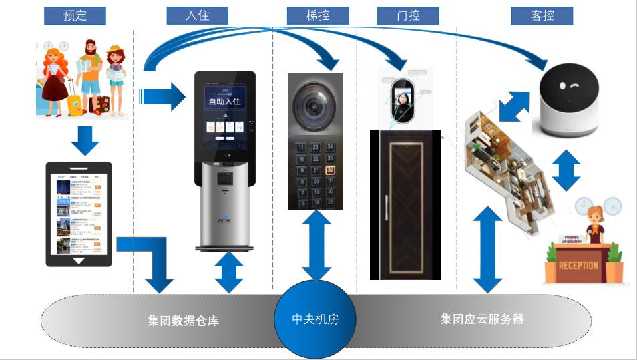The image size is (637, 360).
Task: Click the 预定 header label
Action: (x=75, y=15)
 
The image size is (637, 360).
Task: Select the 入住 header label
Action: (x=198, y=15)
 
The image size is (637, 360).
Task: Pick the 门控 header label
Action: (x=407, y=15)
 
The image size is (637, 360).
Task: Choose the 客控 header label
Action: (x=542, y=15)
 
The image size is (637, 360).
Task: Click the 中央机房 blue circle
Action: (x=315, y=319)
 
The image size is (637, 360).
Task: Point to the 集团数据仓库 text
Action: (x=183, y=321)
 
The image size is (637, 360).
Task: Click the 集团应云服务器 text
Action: (x=481, y=319)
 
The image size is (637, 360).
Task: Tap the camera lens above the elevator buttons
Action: (x=314, y=104)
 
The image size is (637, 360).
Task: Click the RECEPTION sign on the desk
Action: (x=578, y=265)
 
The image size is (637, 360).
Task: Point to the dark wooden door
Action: (x=405, y=204)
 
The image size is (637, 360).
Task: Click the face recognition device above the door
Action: (x=403, y=100)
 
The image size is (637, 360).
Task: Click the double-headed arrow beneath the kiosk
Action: (x=228, y=273)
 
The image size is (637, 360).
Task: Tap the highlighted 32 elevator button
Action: (x=330, y=170)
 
